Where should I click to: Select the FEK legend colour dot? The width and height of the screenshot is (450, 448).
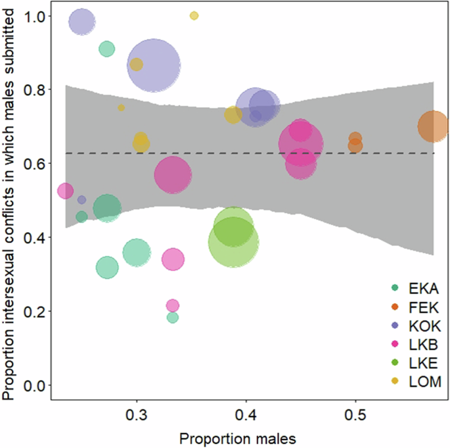click(394, 307)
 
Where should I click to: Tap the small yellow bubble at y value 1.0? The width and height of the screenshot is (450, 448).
click(194, 16)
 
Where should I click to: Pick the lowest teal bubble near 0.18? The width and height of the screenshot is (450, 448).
click(173, 318)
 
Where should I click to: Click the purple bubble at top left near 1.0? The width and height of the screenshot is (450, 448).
click(82, 22)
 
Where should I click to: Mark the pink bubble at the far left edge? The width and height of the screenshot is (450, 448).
click(65, 191)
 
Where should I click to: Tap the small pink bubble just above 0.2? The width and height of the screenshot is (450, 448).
click(173, 305)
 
